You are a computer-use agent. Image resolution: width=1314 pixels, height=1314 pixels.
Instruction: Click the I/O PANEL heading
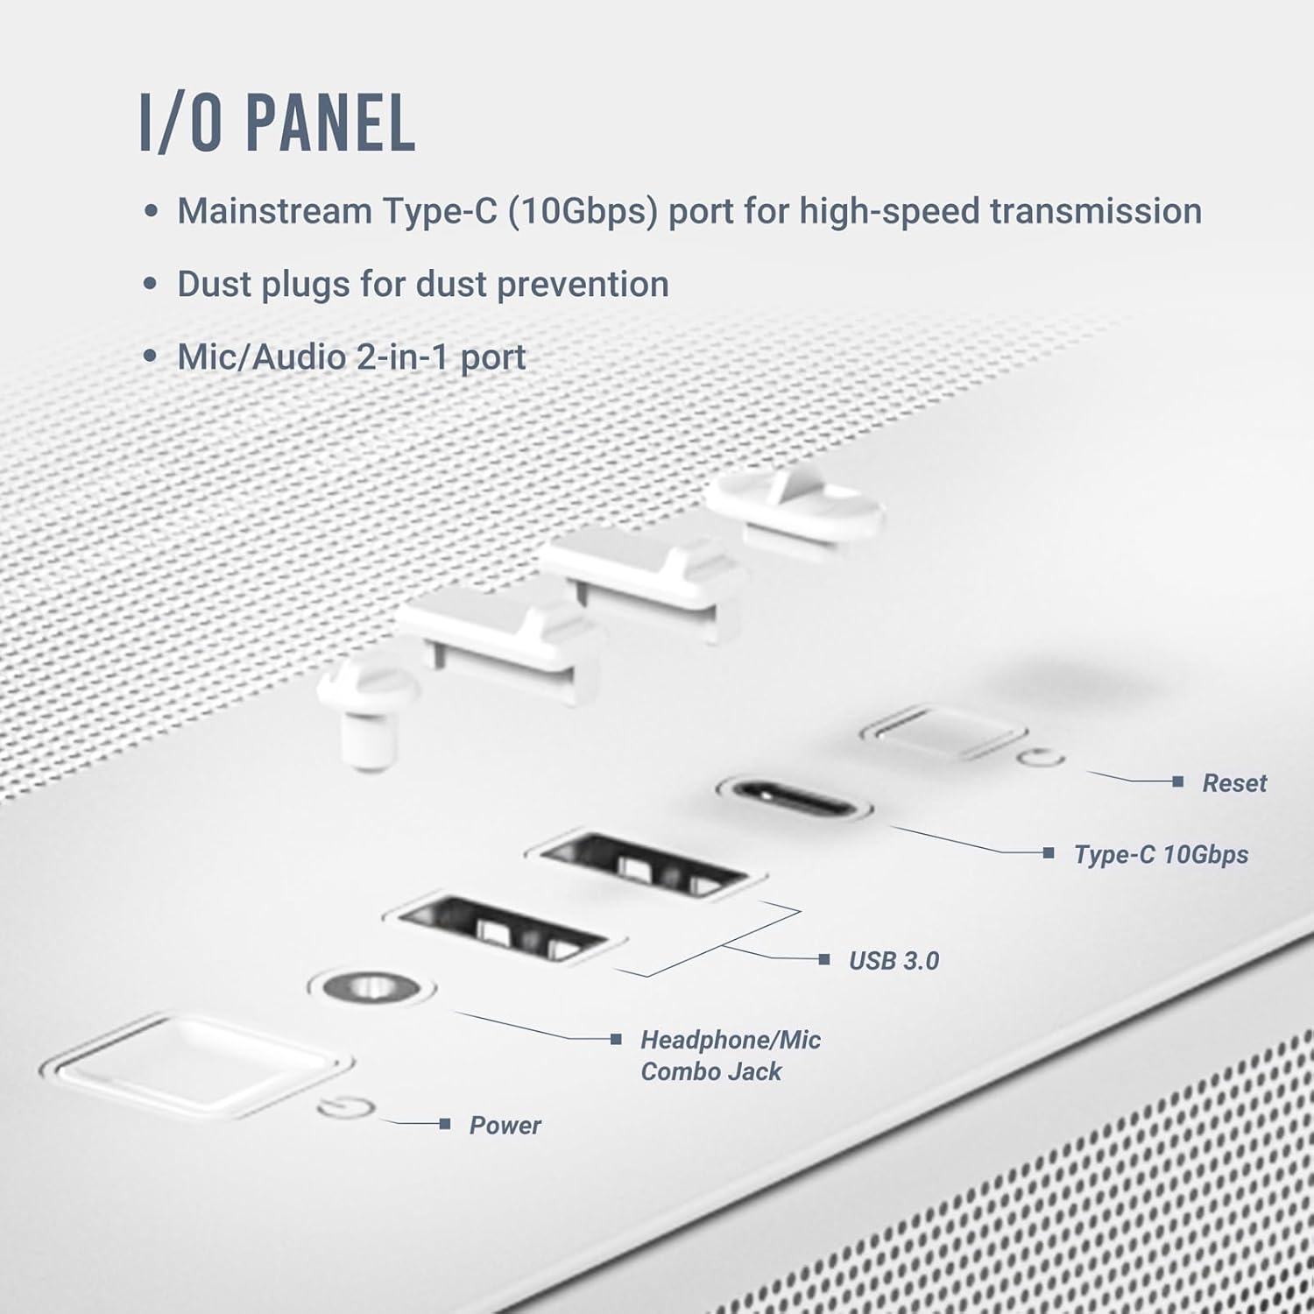278,124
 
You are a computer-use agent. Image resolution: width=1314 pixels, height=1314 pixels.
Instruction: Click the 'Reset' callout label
1233,783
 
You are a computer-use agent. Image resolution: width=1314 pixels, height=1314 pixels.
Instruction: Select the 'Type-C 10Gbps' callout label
1161,855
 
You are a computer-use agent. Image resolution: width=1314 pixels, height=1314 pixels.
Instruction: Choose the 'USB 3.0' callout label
894,961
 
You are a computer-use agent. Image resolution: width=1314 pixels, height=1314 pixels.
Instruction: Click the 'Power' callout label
505,1126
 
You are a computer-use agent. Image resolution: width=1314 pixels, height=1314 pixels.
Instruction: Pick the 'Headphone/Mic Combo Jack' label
730,1056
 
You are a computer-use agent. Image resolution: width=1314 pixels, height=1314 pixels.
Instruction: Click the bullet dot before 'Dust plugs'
152,285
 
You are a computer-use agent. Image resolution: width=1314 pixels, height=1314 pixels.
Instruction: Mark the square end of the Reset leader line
1177,781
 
